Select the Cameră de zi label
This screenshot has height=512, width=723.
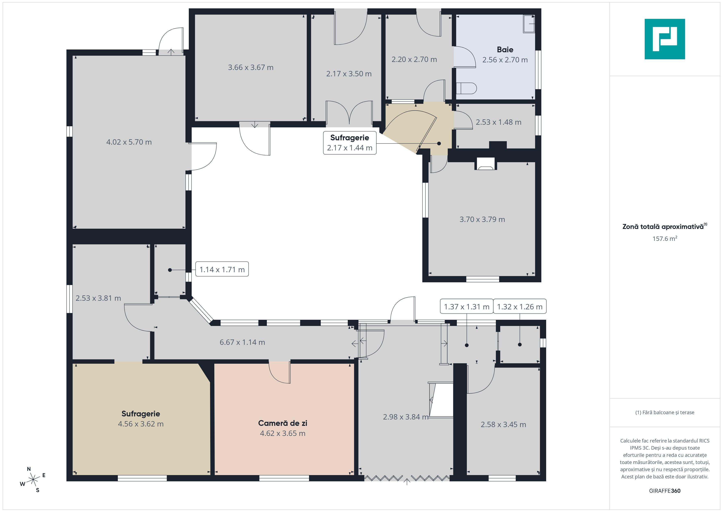pyautogui.click(x=282, y=423)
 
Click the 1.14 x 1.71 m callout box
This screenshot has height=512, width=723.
pyautogui.click(x=222, y=269)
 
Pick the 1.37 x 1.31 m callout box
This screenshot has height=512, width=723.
pyautogui.click(x=466, y=306)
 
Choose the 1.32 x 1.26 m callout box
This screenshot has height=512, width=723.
pyautogui.click(x=520, y=306)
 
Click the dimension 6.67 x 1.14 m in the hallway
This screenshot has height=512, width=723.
pyautogui.click(x=242, y=342)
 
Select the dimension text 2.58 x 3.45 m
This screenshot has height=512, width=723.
pyautogui.click(x=503, y=424)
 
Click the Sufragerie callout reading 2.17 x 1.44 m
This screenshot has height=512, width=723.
pyautogui.click(x=350, y=143)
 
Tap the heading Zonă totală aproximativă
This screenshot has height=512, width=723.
pyautogui.click(x=663, y=226)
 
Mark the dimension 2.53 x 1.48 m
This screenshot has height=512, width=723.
pyautogui.click(x=498, y=122)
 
